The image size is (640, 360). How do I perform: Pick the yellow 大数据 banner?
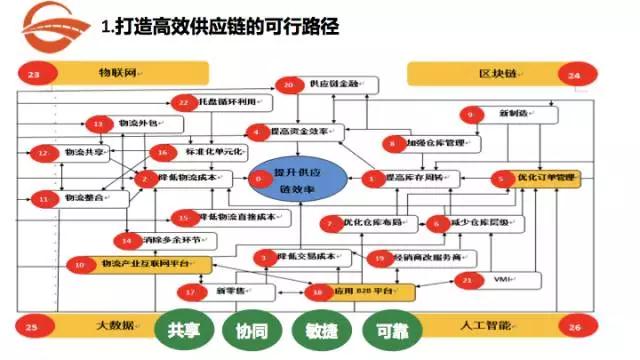pyautogui.click(x=115, y=326)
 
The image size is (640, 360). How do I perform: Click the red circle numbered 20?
pyautogui.click(x=288, y=86)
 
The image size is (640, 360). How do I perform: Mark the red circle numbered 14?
pyautogui.click(x=126, y=240)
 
